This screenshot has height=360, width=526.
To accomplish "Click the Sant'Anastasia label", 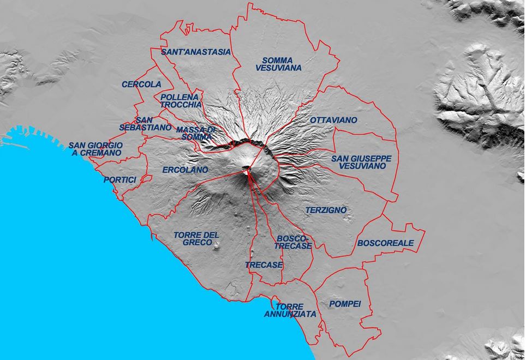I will click(x=196, y=52).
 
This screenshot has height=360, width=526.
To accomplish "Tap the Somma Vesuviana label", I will click(x=278, y=64).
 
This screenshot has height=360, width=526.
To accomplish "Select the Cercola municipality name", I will click(x=141, y=85).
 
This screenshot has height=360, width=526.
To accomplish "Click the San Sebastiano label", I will click(x=138, y=123).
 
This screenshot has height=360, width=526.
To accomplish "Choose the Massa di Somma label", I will click(x=196, y=133).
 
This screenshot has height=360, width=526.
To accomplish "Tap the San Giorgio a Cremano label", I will click(x=95, y=149).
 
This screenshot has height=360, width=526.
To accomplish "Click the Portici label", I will click(x=119, y=179).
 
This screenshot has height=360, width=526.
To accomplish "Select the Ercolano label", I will click(x=185, y=170).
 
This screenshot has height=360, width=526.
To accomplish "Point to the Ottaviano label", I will click(x=333, y=119).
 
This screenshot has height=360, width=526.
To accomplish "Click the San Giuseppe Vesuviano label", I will click(x=361, y=162).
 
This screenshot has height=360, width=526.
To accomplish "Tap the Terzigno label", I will click(x=326, y=210).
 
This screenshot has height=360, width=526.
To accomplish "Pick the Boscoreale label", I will click(x=385, y=243).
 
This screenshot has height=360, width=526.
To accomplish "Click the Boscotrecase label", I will click(x=293, y=242).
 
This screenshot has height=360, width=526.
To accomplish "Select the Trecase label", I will click(x=264, y=265).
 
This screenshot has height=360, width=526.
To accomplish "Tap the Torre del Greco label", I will click(x=196, y=238).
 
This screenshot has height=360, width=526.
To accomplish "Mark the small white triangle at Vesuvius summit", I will click(x=247, y=172).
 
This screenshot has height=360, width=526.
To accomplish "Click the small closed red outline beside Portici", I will click(x=146, y=178).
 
